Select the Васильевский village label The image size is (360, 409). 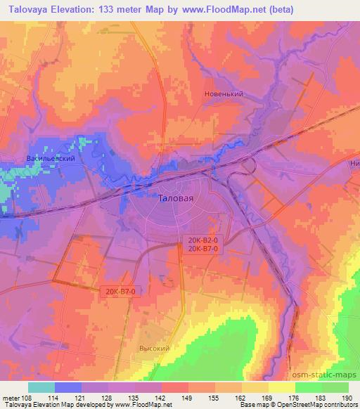pos(50,159)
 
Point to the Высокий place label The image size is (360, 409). pos(155,347)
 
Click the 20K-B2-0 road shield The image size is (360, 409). pos(203,240)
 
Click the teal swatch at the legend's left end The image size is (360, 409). pos(41,387)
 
